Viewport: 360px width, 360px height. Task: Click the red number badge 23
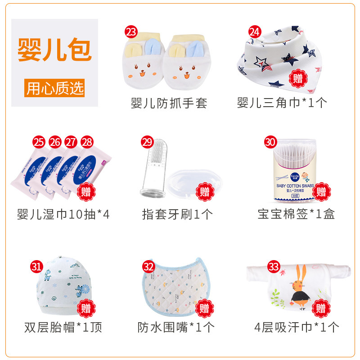coord(131,32)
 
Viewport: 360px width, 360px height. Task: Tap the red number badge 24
coord(255,32)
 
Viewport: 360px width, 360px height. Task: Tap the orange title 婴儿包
coord(54,50)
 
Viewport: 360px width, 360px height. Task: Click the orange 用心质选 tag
coord(54,88)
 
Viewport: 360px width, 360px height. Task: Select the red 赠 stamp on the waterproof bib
coord(205,308)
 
